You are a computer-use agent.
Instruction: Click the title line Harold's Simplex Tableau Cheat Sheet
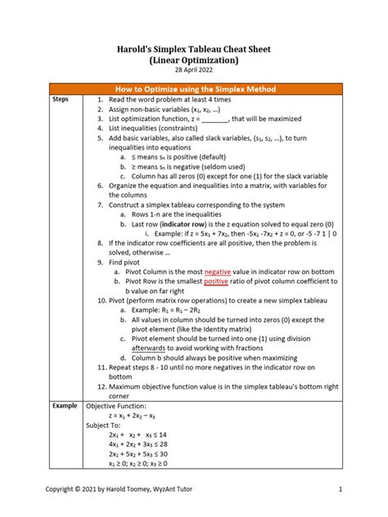click(193, 49)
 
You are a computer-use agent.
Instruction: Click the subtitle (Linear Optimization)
click(193, 61)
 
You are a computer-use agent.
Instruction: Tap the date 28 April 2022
click(193, 71)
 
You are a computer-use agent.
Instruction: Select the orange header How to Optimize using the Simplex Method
click(193, 88)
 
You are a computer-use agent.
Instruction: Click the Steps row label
click(61, 99)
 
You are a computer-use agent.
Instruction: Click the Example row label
click(65, 405)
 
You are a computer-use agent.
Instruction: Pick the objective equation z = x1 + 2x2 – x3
click(136, 416)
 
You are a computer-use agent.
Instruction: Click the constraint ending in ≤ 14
click(138, 435)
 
